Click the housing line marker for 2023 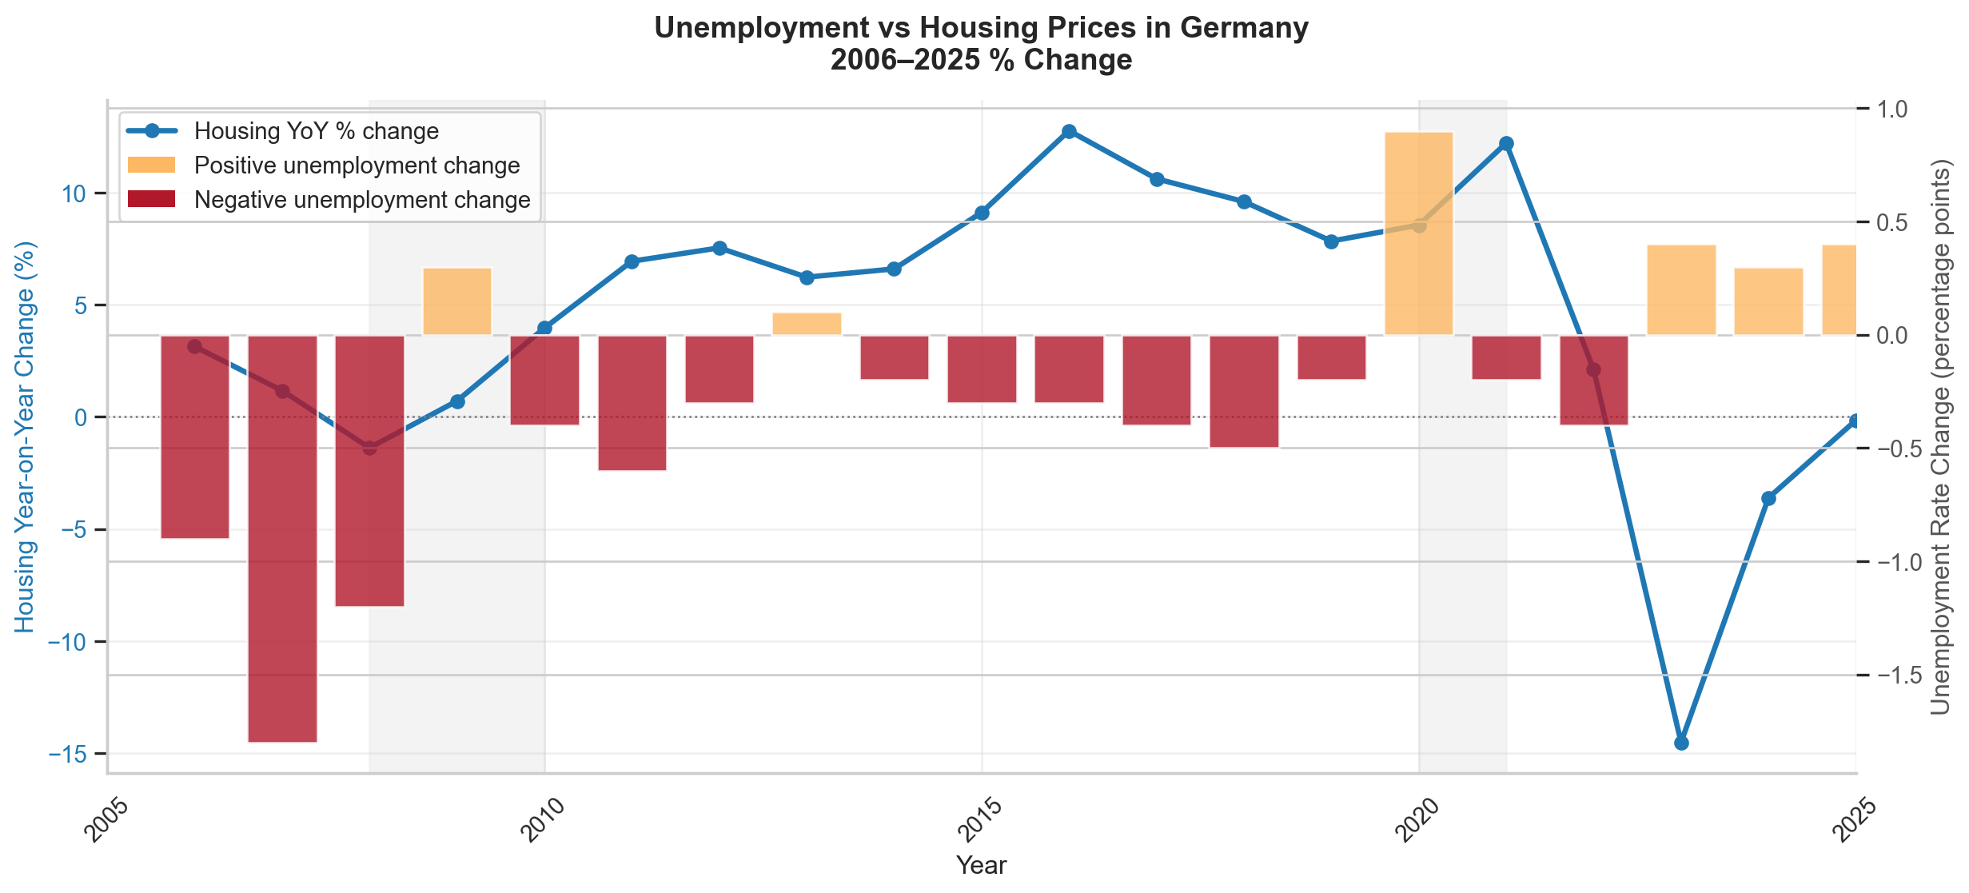(1681, 743)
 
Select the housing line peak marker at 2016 (1070, 132)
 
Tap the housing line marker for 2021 (1506, 144)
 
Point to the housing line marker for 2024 (1768, 498)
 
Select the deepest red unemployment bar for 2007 (282, 538)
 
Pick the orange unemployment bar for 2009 (457, 301)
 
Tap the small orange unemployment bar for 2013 (807, 324)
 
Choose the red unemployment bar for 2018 (1244, 391)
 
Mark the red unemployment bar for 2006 (195, 437)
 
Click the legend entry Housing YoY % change (317, 131)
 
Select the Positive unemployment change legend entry (357, 165)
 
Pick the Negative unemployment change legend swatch (151, 200)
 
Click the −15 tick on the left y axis (72, 754)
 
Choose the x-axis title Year (981, 865)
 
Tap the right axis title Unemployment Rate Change (1941, 436)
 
